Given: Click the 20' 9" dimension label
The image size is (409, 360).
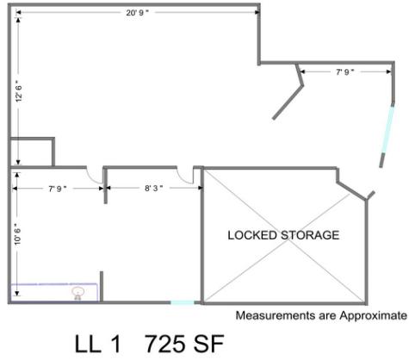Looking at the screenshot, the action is [x=137, y=13].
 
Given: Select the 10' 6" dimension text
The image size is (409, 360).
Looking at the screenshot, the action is [x=18, y=234].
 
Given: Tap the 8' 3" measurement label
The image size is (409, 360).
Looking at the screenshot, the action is [x=154, y=189].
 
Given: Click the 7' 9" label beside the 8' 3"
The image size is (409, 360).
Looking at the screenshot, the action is [x=58, y=189].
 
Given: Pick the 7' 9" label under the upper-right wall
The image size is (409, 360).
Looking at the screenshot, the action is [x=345, y=71].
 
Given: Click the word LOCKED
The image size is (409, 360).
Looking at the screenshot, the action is [x=252, y=235].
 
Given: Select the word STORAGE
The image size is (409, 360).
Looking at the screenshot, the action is [x=310, y=235].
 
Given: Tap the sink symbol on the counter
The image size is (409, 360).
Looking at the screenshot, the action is [x=77, y=293].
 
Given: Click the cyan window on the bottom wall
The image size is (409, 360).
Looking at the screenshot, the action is [x=183, y=302].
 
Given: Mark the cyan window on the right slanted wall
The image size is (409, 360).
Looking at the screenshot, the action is [x=387, y=129].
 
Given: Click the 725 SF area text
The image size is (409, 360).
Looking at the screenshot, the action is [x=184, y=344].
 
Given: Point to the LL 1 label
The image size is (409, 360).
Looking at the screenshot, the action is [x=97, y=344].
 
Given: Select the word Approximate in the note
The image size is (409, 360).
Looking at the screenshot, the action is [x=373, y=316].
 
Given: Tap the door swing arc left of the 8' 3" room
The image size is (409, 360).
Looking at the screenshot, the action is [x=95, y=177].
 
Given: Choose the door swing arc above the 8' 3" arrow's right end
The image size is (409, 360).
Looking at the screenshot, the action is [x=184, y=177].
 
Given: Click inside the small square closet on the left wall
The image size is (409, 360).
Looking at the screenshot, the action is [x=32, y=152].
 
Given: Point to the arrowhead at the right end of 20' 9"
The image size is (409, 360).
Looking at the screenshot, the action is [x=257, y=12].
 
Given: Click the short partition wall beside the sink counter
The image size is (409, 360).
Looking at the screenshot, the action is [x=102, y=286].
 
